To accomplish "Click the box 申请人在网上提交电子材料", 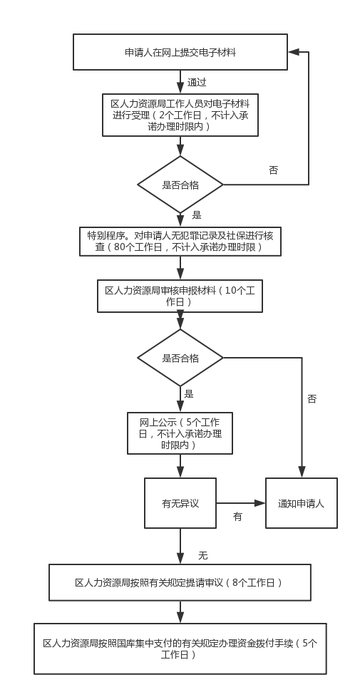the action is (180, 52).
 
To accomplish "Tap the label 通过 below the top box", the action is (197, 82).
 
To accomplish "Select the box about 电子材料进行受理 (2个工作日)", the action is (180, 115).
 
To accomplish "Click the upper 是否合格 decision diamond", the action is (180, 185).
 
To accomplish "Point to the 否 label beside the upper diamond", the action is (273, 170).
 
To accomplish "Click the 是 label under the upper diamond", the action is (197, 216).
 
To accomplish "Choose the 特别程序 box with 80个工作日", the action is (180, 242).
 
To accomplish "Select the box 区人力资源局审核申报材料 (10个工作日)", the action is (180, 296).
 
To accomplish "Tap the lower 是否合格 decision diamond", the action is (180, 358).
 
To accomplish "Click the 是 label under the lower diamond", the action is (189, 394).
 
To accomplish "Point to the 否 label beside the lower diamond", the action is (312, 398).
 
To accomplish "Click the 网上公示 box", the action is (180, 433).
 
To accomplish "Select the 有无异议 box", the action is (180, 503).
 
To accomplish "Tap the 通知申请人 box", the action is (302, 503).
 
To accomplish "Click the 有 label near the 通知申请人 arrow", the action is (238, 517).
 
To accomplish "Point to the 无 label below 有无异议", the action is (202, 556).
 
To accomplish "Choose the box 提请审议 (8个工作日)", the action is (180, 582).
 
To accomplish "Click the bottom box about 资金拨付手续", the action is (180, 649).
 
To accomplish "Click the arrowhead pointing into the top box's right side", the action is (293, 52).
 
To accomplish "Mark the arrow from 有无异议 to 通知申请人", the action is (241, 503).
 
